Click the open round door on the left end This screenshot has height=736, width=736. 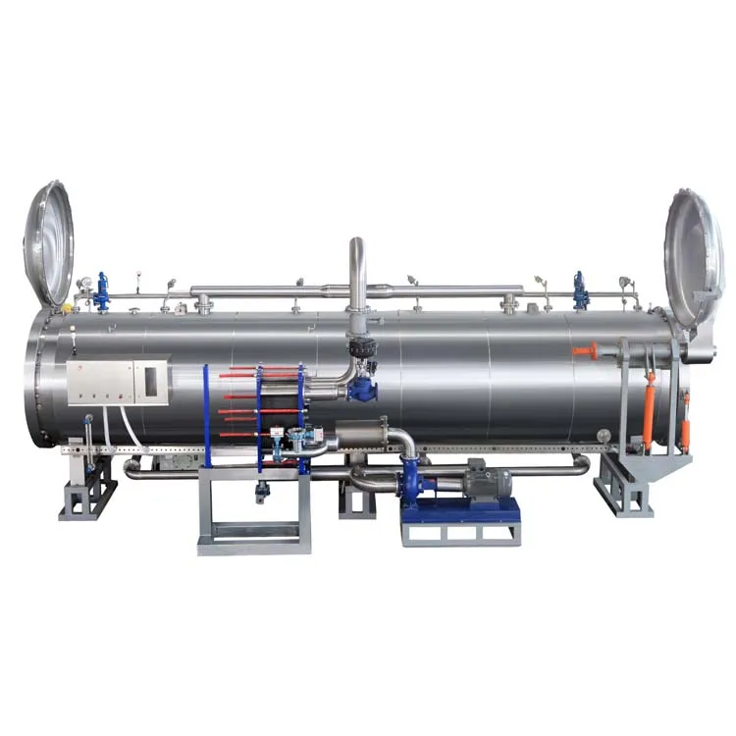point(48,243)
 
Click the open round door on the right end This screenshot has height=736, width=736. point(694,257)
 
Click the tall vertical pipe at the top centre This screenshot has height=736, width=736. point(356,270)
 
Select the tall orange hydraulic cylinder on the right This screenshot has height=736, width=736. point(649,413)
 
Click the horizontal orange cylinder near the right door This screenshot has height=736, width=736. point(586,349)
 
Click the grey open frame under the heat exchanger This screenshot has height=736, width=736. point(253,510)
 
